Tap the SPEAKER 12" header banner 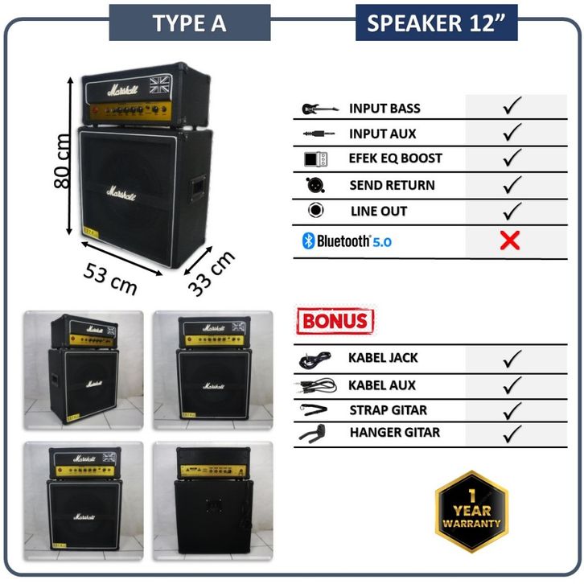click(435, 23)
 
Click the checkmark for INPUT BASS click(512, 107)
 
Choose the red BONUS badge click(335, 322)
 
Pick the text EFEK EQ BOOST click(395, 158)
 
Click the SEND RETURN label click(392, 185)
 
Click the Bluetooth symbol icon click(306, 241)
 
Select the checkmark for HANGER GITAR click(512, 434)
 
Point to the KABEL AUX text click(382, 385)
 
